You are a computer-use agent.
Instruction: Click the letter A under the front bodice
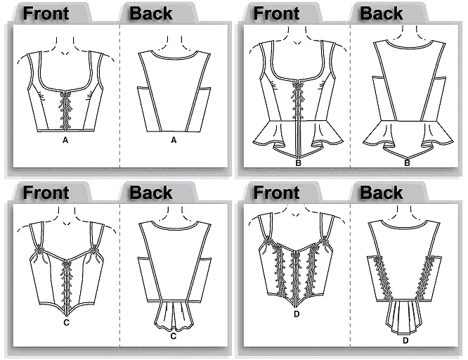click(65, 140)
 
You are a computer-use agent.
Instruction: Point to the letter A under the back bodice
click(174, 140)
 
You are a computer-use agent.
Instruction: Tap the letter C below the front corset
click(66, 322)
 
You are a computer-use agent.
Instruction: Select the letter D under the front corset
click(297, 314)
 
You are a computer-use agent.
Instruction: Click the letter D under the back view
click(405, 340)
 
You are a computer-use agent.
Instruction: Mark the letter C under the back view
click(174, 336)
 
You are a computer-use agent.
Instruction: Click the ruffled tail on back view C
click(174, 315)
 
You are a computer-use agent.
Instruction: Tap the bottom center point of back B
click(408, 158)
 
